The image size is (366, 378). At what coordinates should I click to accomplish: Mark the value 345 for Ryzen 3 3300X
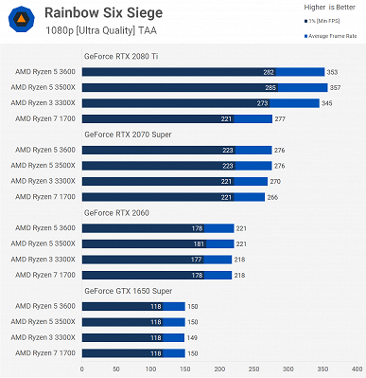coord(326,102)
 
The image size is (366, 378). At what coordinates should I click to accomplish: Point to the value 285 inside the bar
coord(270,87)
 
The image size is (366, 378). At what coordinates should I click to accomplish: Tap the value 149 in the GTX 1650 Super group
coord(192,337)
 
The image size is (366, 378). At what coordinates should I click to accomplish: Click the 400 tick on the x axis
coord(357,369)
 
